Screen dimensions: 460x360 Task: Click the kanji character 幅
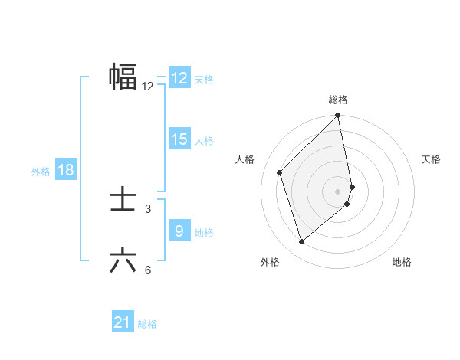[x=123, y=77]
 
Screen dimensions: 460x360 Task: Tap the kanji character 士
[x=123, y=200]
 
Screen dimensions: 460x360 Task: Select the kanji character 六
[x=123, y=261]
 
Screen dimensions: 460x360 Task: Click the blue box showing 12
[x=179, y=78]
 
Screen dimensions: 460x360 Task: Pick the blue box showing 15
[x=179, y=139]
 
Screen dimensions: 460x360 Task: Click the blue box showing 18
[x=66, y=170]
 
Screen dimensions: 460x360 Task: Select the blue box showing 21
[x=122, y=322]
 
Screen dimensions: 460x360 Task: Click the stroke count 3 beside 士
[x=148, y=208]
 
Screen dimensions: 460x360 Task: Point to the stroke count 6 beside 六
[x=148, y=270]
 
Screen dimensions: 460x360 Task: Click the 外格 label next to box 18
[x=41, y=172]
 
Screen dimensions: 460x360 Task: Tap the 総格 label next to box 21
[x=147, y=324]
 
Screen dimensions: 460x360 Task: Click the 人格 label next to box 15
[x=204, y=141]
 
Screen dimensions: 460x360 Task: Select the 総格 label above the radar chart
[x=338, y=100]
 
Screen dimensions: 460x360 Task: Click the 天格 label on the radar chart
[x=432, y=159]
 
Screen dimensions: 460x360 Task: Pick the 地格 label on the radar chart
[x=402, y=262]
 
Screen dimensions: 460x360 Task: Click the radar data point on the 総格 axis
[x=338, y=116]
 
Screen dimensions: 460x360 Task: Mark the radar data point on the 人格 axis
[x=280, y=172]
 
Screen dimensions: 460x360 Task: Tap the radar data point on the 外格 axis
[x=302, y=241]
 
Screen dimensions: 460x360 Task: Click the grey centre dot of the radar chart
[x=338, y=191]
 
